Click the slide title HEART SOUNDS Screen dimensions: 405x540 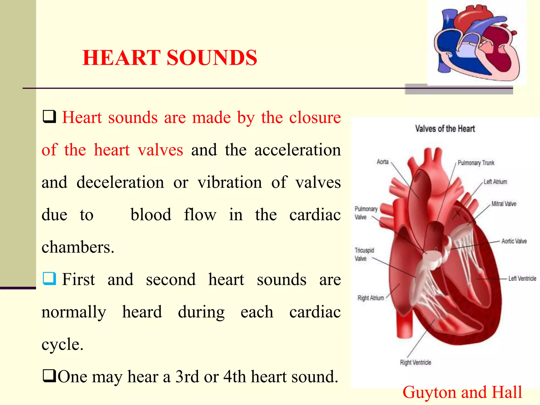point(170,58)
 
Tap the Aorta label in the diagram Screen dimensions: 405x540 point(383,162)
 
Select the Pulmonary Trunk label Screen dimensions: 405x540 point(476,163)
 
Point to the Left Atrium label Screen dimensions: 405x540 point(495,182)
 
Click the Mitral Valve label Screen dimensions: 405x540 point(504,204)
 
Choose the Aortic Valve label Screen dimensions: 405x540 point(514,241)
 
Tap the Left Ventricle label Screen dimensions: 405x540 point(522,278)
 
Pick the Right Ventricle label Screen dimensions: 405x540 point(416,363)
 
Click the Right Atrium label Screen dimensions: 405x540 point(370,298)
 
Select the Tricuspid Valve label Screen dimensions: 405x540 point(364,254)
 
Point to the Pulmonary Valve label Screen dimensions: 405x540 point(366,213)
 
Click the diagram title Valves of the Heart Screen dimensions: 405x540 point(445,129)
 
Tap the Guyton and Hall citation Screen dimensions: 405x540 point(462,392)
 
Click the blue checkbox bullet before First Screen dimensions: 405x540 point(49,279)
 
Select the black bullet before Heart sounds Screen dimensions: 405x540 point(49,117)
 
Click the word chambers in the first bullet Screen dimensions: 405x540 point(78,247)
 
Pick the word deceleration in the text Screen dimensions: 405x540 point(120,182)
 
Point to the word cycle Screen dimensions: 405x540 point(62,344)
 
